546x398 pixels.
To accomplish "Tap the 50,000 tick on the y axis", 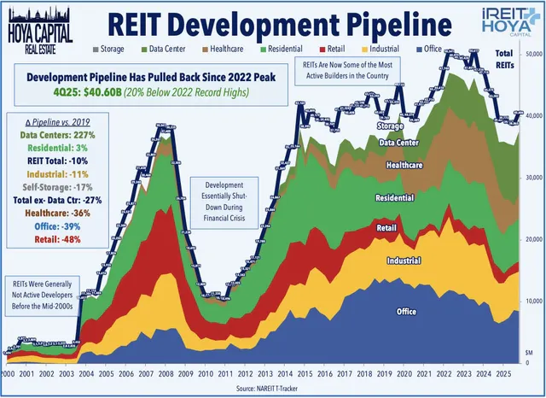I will point(533,54).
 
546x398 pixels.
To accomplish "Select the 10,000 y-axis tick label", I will point(533,301).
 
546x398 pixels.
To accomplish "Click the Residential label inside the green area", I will point(391,198).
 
